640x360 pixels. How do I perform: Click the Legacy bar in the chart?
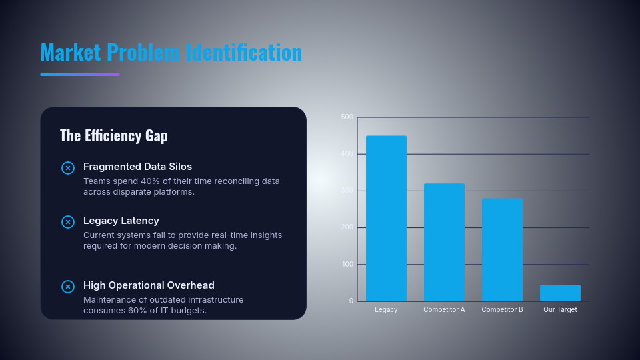(x=386, y=219)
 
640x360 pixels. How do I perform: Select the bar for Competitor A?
(x=444, y=242)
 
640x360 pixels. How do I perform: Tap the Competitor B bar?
(x=502, y=250)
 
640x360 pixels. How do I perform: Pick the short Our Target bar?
(x=560, y=293)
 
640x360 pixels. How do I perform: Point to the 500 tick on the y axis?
(x=347, y=117)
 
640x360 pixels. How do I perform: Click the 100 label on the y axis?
(x=347, y=265)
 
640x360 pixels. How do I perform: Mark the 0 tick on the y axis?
(x=351, y=301)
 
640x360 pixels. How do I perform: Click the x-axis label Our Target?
(x=560, y=310)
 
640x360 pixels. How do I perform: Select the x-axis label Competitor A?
(x=444, y=310)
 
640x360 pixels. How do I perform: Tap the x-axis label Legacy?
(x=386, y=310)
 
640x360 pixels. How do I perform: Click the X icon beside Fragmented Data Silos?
(x=68, y=168)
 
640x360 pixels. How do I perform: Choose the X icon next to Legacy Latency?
(x=68, y=221)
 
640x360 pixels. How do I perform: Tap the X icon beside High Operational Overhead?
(x=68, y=287)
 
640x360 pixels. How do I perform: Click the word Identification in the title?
(x=244, y=52)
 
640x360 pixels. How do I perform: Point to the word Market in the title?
(x=71, y=52)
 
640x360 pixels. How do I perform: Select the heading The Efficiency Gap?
(x=114, y=136)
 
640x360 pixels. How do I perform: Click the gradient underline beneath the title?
(x=80, y=75)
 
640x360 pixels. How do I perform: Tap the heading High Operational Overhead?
(x=149, y=285)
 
